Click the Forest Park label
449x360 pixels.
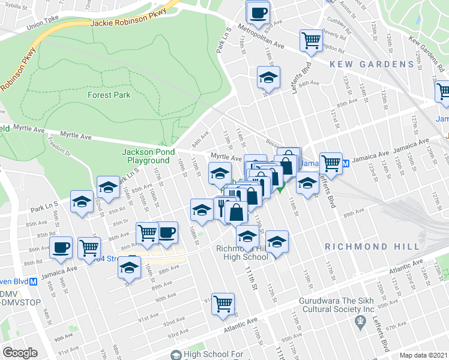(x=109, y=95)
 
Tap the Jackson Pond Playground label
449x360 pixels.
(x=146, y=156)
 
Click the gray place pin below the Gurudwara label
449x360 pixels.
(x=360, y=322)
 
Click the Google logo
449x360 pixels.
(x=20, y=353)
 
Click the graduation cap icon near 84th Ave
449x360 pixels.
(x=269, y=77)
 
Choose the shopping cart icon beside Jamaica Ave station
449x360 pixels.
(x=331, y=162)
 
